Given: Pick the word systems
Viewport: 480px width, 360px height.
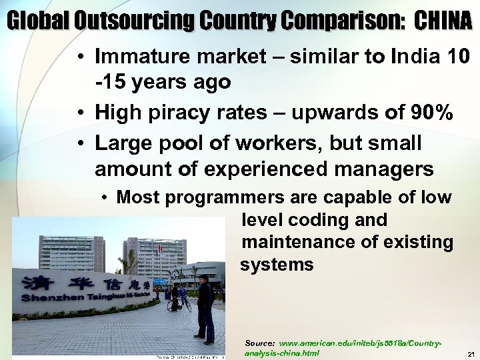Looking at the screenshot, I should (x=277, y=264).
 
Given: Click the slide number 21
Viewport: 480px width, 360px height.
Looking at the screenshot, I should (x=470, y=353).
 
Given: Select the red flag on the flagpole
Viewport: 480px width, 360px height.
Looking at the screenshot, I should (x=160, y=248).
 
